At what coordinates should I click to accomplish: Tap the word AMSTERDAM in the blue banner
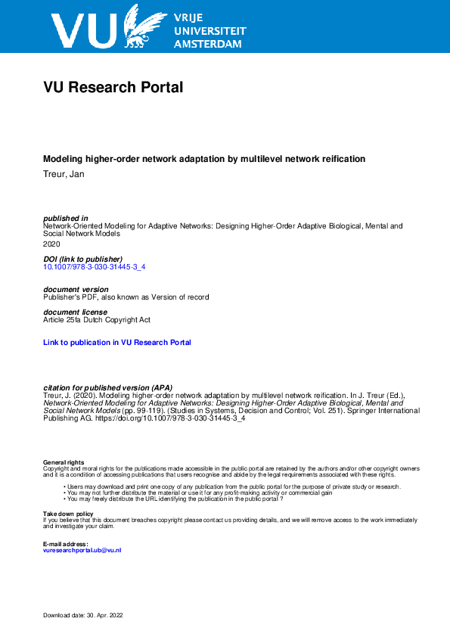(208, 45)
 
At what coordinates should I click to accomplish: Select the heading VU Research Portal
(113, 88)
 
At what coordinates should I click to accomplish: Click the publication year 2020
(51, 244)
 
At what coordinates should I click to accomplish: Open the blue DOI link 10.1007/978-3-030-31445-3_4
(95, 267)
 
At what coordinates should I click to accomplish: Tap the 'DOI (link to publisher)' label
(83, 259)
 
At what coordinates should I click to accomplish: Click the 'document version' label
(76, 290)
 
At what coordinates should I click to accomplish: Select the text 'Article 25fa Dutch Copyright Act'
(97, 320)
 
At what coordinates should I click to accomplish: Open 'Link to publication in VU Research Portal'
(117, 343)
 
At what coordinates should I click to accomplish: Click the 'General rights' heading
(64, 462)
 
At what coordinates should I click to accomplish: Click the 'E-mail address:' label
(66, 544)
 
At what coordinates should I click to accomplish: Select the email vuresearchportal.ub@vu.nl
(82, 550)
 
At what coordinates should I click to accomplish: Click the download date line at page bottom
(82, 616)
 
